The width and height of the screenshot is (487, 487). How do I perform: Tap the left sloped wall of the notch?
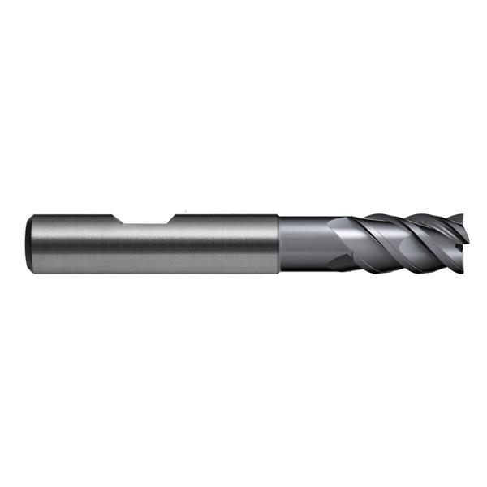pyautogui.click(x=119, y=220)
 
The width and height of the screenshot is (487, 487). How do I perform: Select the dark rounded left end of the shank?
pyautogui.click(x=30, y=243)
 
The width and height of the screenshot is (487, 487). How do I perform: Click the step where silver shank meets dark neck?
pyautogui.click(x=279, y=243)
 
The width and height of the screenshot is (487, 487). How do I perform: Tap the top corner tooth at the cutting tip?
pyautogui.click(x=461, y=218)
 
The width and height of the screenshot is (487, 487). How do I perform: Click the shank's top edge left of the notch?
pyautogui.click(x=73, y=215)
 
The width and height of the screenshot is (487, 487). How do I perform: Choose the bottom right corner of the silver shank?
pyautogui.click(x=278, y=272)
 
